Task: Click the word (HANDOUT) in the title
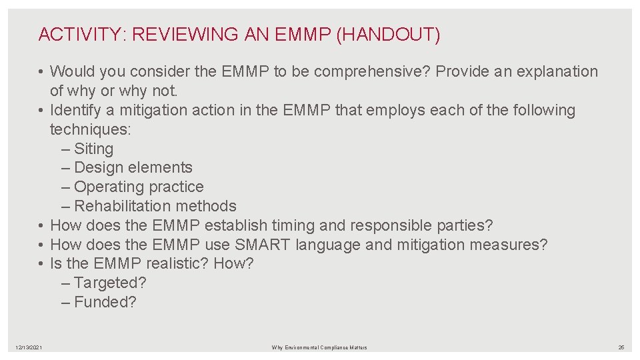(x=389, y=35)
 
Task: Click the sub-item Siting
(x=93, y=149)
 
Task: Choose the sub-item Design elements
(x=133, y=168)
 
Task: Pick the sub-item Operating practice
(x=139, y=187)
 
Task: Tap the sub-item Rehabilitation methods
(x=155, y=207)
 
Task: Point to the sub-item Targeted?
(x=109, y=283)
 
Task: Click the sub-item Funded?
(x=105, y=302)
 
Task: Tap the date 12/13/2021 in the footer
(x=29, y=347)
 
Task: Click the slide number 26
(x=621, y=347)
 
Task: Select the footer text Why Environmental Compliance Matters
(x=319, y=347)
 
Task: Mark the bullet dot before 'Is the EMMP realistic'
(x=41, y=264)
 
